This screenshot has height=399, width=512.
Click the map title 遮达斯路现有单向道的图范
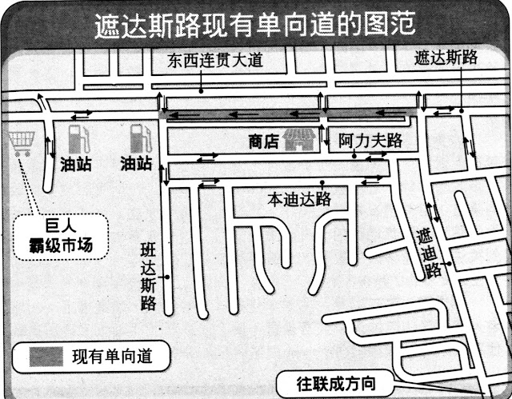255,23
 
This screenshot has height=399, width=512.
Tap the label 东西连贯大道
215,60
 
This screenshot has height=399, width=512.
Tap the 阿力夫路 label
370,141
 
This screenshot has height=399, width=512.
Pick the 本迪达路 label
298,198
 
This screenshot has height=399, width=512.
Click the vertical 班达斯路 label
147,275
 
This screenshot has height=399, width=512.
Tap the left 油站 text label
76,164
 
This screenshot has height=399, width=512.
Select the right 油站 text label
136,164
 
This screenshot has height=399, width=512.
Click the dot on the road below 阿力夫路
356,157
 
